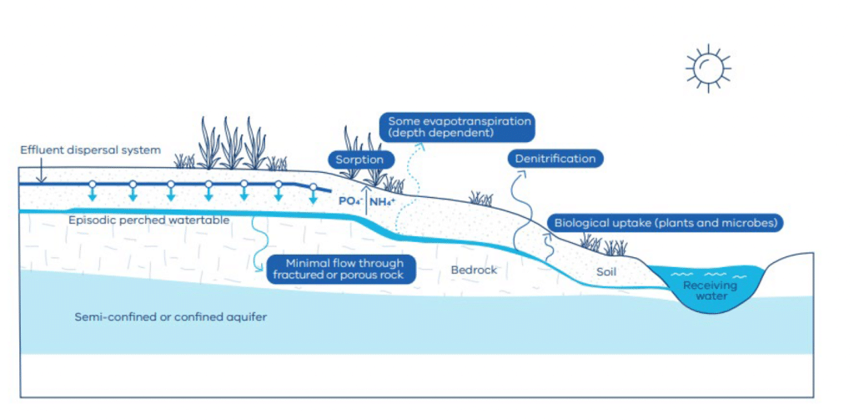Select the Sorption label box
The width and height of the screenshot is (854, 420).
pos(360,159)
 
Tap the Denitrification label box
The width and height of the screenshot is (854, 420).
pos(555,159)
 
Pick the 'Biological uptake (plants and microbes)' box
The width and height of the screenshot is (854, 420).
pos(666,224)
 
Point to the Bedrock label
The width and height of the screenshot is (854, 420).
pos(474,271)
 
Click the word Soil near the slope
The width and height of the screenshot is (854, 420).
pos(606,271)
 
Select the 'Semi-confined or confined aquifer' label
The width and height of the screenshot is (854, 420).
pos(170,317)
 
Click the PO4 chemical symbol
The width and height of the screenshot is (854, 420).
pos(349,201)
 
